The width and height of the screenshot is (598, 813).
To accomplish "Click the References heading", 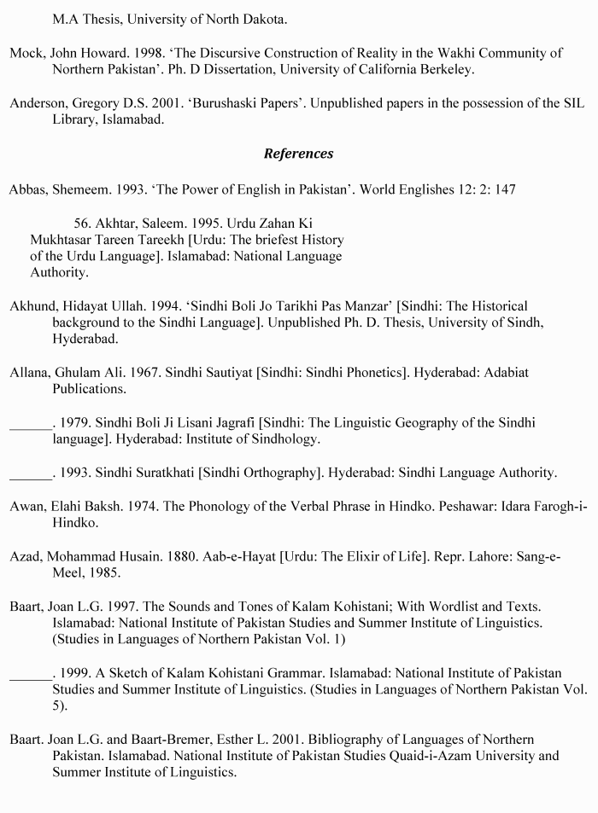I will coord(298,154).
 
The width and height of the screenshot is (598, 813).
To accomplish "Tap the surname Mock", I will coord(26,53).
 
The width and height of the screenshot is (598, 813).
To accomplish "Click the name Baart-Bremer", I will coord(188,739).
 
